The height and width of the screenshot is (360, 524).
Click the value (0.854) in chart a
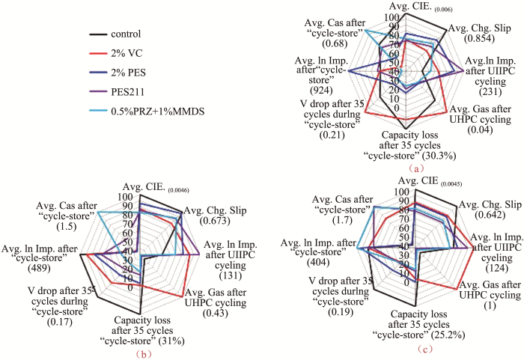[479, 38]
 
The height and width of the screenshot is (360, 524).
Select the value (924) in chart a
[321, 91]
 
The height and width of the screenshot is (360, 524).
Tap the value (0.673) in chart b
[215, 221]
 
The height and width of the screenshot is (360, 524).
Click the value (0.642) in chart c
[490, 215]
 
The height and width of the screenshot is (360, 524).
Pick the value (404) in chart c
[318, 262]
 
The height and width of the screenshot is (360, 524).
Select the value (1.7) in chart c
[342, 220]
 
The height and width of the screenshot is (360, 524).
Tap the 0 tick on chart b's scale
[130, 288]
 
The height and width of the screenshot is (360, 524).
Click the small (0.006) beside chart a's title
[443, 10]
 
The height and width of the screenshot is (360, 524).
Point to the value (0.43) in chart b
[216, 314]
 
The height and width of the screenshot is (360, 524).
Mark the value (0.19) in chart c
[341, 312]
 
